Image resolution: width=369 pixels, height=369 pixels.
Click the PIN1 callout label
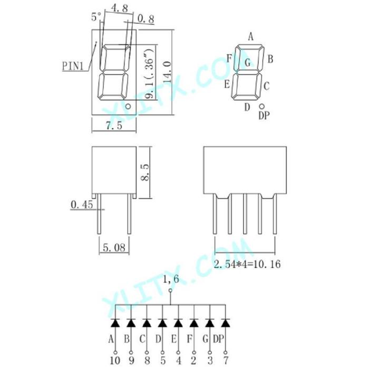73,66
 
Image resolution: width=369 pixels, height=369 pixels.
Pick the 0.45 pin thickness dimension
82,203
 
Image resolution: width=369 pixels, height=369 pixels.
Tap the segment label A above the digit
251,36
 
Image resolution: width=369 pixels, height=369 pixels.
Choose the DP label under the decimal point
264,115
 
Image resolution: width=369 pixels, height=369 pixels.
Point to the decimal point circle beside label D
262,106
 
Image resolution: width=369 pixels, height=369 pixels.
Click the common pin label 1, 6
170,279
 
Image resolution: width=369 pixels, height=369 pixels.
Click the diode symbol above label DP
226,321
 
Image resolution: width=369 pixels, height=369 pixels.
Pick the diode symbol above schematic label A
115,321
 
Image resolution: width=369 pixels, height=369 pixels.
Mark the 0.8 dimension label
145,20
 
